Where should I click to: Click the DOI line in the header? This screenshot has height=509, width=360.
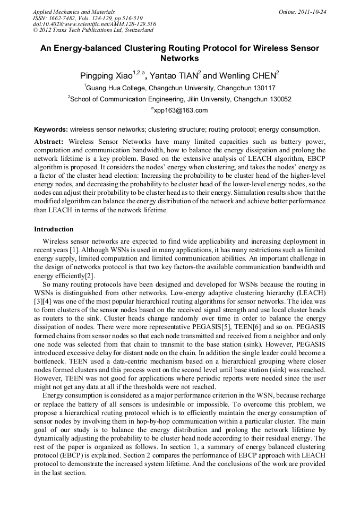pyautogui.click(x=94, y=24)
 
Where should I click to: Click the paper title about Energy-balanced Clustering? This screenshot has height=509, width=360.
pyautogui.click(x=179, y=53)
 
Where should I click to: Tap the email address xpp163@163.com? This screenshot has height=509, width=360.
pyautogui.click(x=181, y=110)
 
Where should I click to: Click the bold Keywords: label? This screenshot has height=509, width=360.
pyautogui.click(x=51, y=129)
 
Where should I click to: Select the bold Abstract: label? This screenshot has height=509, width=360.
pyautogui.click(x=49, y=142)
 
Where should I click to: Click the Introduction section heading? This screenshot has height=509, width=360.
pyautogui.click(x=54, y=229)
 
